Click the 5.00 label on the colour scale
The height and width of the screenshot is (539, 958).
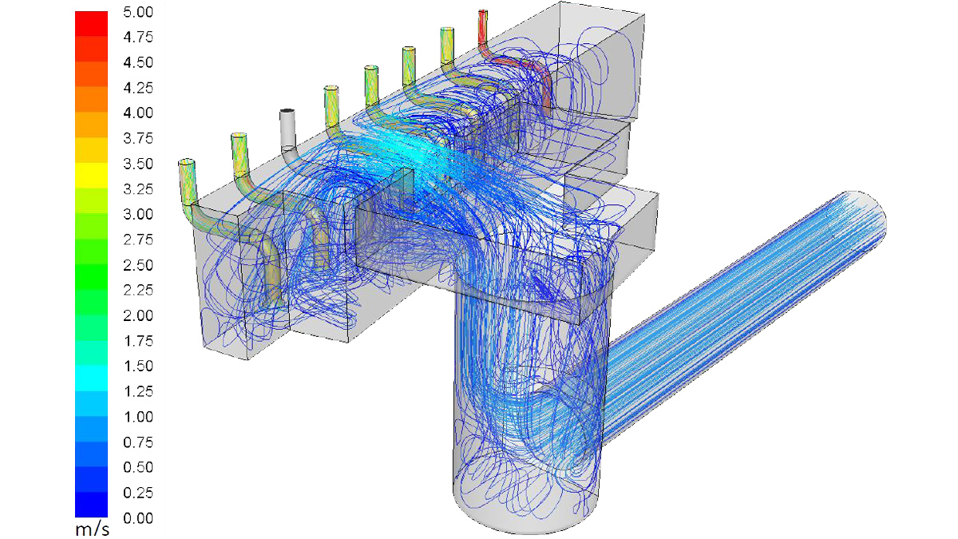click(138, 13)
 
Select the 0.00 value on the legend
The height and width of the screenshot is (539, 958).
click(138, 518)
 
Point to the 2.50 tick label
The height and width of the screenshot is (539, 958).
click(138, 265)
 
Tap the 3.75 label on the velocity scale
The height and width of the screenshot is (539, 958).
click(138, 139)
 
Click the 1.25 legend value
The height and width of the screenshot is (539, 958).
click(138, 391)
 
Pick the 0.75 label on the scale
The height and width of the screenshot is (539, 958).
click(138, 442)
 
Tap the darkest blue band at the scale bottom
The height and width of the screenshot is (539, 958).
click(91, 505)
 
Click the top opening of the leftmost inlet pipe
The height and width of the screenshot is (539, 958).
click(186, 162)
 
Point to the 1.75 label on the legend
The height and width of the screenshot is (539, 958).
click(138, 341)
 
